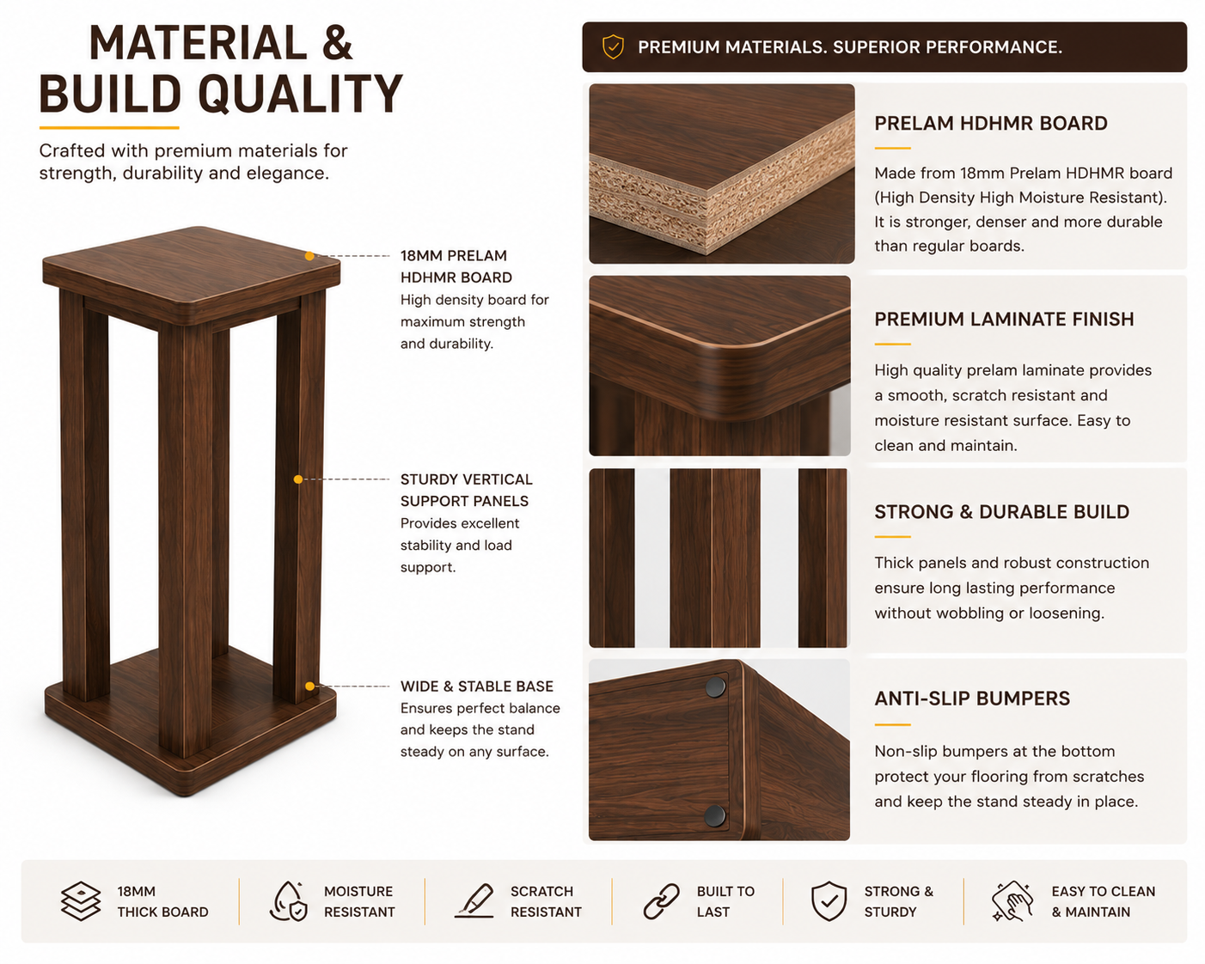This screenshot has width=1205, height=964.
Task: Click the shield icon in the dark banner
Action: (613, 47)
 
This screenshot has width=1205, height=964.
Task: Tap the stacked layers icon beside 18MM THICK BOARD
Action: (81, 900)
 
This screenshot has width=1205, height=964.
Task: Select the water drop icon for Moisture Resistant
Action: (289, 900)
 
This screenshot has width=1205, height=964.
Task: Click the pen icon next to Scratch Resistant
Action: (474, 900)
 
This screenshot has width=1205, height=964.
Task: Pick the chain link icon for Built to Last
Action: (661, 901)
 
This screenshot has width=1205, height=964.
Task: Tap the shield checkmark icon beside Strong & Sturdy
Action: (829, 900)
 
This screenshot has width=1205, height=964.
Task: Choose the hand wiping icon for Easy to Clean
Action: (1012, 900)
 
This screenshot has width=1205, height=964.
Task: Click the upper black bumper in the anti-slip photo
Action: (715, 686)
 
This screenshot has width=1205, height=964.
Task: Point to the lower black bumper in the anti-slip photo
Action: (714, 815)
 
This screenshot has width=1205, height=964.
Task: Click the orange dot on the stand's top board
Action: (309, 256)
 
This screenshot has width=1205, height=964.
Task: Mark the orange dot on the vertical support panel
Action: (298, 479)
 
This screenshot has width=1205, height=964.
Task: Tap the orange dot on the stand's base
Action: (309, 686)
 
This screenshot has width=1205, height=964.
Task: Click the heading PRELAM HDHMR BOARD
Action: (990, 123)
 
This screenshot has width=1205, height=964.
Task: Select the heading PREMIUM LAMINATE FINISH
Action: (1004, 319)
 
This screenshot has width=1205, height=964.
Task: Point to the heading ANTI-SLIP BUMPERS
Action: (972, 699)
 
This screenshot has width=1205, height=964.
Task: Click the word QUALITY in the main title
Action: (300, 94)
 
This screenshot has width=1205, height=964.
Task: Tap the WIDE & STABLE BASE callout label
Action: (476, 686)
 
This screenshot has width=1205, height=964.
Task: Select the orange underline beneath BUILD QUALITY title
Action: (109, 128)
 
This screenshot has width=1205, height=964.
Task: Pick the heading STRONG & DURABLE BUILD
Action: (1002, 512)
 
